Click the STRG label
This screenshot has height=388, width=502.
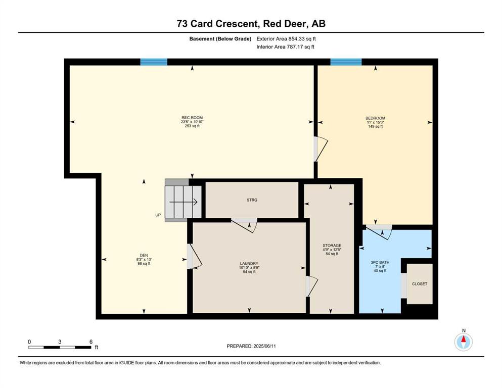pos(252,200)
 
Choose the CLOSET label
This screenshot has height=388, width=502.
pos(420,284)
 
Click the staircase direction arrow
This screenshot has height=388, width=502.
pos(183,202)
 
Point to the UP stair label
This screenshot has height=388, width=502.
pos(158,215)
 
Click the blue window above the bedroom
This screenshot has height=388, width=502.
pos(346,62)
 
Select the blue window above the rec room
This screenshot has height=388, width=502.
pos(154,62)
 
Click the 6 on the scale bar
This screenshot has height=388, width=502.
pos(91,342)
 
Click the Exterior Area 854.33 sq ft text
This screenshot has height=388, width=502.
pos(286,39)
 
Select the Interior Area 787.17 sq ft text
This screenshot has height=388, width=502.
pos(285,46)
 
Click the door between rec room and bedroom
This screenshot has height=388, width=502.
pos(320,149)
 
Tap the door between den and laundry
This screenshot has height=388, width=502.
pos(194,256)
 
